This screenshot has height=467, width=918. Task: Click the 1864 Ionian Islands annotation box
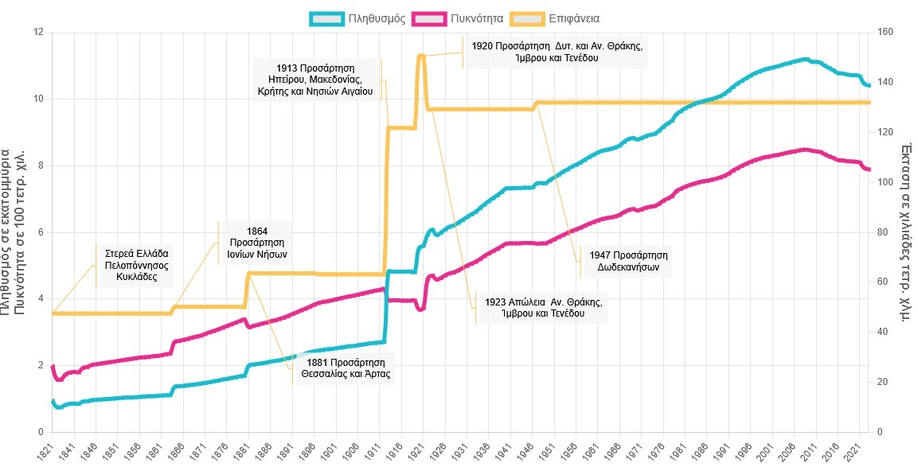tap(256, 242)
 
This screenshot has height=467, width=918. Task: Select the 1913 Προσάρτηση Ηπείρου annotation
tap(315, 80)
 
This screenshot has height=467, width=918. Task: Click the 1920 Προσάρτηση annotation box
tap(555, 52)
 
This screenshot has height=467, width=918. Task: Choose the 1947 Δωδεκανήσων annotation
tap(627, 260)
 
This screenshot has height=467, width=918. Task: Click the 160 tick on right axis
tap(885, 33)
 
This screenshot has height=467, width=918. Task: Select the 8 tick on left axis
tap(39, 166)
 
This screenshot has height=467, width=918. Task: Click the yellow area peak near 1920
tap(420, 55)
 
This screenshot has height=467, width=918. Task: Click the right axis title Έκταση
tap(906, 231)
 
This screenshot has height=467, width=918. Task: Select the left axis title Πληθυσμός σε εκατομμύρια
tap(7, 231)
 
